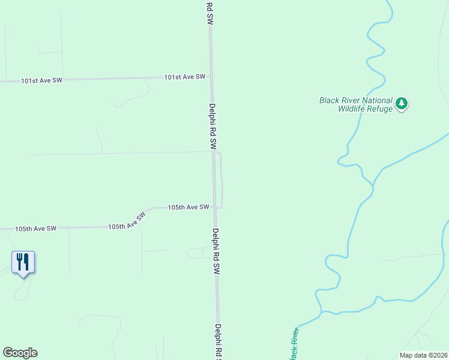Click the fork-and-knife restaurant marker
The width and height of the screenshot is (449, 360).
23,263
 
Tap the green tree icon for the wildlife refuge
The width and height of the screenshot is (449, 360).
402,104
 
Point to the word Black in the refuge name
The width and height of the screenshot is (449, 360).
330,101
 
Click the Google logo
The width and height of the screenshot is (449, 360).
20,353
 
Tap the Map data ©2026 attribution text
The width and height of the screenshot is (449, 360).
423,355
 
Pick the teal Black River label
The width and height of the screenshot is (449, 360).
292,344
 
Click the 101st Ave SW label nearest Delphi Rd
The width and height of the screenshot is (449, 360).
185,77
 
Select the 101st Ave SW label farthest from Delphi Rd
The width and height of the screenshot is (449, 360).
41,80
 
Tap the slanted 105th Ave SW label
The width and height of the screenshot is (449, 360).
127,221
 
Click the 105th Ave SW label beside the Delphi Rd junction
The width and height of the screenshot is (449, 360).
188,207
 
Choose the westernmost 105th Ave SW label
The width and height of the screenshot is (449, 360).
35,229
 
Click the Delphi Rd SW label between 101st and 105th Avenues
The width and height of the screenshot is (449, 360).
212,126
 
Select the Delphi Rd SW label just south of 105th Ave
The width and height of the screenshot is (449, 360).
216,251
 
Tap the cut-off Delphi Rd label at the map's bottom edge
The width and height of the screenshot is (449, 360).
218,343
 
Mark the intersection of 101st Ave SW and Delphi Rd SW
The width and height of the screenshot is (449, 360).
211,77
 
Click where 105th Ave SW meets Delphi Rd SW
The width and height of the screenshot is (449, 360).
214,208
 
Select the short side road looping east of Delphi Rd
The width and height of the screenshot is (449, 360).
222,180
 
